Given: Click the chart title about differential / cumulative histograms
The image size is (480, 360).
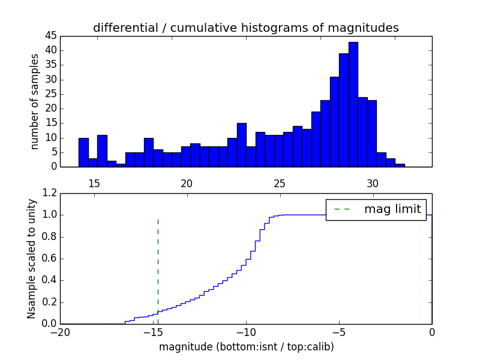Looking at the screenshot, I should (x=245, y=28).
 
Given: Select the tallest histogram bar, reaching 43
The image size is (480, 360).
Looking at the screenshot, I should (x=353, y=104).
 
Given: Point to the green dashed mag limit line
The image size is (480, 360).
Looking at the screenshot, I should (x=158, y=264).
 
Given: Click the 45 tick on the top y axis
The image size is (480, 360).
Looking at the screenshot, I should (x=50, y=36).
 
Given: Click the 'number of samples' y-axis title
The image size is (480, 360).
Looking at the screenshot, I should (x=35, y=101).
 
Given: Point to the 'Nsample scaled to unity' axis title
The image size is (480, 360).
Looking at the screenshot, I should (x=31, y=259).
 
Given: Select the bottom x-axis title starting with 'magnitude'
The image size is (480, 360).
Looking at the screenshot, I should (x=246, y=347).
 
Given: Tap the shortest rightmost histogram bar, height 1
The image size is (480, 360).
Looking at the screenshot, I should (x=400, y=165).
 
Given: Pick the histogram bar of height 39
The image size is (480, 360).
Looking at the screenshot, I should (x=344, y=110).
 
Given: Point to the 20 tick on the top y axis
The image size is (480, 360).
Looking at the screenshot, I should (x=50, y=109).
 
